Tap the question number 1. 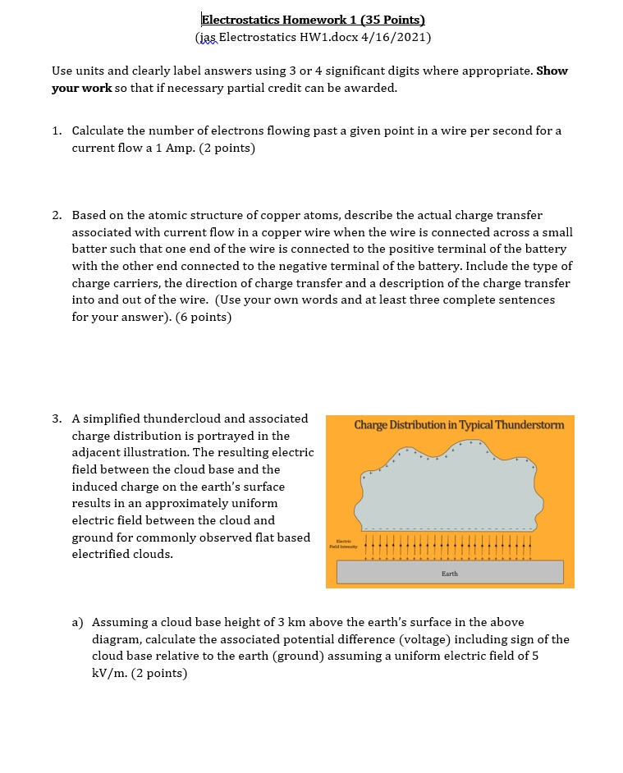(x=56, y=131)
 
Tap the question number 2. (x=56, y=215)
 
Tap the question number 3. (x=56, y=419)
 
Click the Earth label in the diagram (x=450, y=574)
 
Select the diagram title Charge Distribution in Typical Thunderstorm (x=459, y=425)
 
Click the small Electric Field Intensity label (x=343, y=543)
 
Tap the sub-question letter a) (x=78, y=623)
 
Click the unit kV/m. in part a (x=109, y=674)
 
